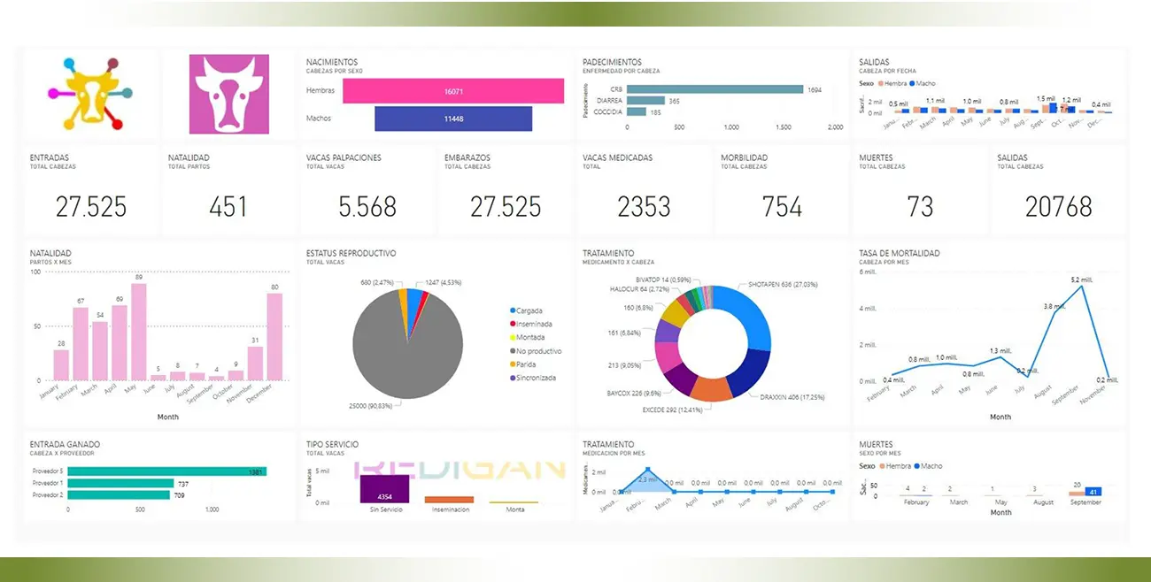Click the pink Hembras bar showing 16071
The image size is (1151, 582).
coord(453,91)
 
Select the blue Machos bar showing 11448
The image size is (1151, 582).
coord(453,119)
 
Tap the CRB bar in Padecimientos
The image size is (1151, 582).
coord(715,89)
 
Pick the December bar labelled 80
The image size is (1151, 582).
coord(274,337)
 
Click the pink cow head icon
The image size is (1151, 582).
coord(228,95)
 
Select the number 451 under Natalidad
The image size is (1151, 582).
coord(228,207)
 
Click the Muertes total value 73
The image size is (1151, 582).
coord(920,207)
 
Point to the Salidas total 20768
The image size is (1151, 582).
coord(1058,207)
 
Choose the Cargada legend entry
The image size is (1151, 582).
coord(529,310)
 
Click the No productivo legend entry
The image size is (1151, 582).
coord(538,351)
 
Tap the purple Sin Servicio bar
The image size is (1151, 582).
coord(384,489)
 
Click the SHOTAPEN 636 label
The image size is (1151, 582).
coord(783,285)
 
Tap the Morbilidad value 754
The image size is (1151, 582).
coord(782,207)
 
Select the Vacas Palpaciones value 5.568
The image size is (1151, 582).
coord(367,207)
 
